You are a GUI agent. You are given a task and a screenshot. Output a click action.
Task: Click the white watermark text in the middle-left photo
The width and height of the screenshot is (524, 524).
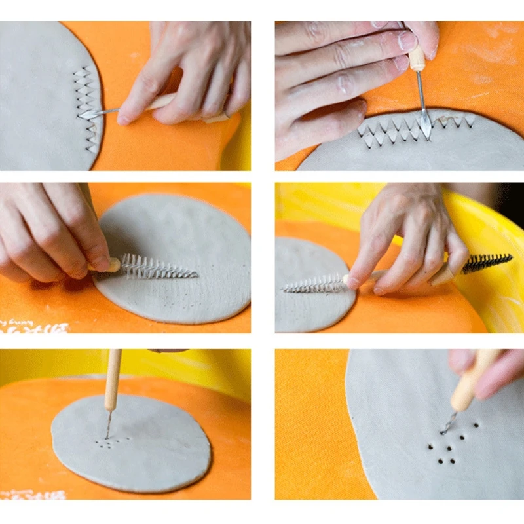coord(33,326)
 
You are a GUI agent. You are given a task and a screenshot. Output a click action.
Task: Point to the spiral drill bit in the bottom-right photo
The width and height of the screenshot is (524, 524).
coord(449,423)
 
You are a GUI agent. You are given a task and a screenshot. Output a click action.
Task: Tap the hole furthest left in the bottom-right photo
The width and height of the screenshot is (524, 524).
coord(430,447)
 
